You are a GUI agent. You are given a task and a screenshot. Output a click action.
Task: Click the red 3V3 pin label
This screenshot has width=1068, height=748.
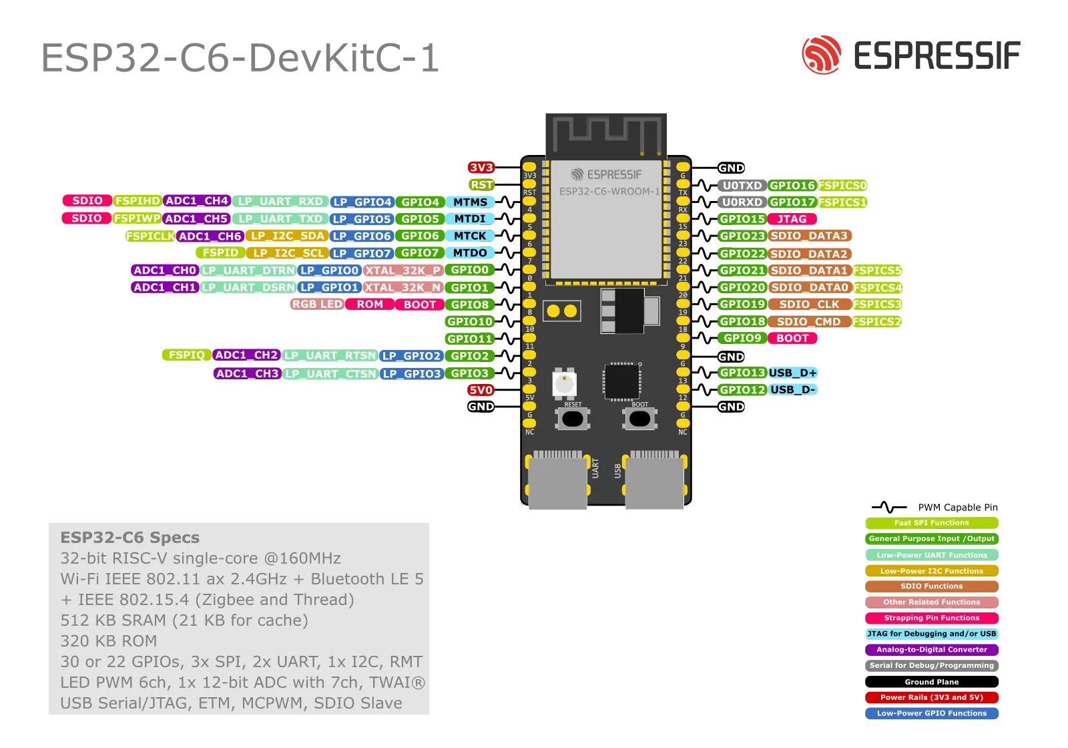[481, 168]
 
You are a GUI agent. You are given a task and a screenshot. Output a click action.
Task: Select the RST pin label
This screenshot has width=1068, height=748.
[481, 185]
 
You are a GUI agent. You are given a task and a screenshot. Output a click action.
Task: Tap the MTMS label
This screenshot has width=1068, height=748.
[470, 202]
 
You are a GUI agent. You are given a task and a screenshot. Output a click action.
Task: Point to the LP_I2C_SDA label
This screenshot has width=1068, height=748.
[287, 236]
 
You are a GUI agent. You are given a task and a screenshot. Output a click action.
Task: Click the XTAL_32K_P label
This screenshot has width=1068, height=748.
[403, 270]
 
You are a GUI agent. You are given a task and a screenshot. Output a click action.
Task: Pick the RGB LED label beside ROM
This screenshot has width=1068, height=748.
[317, 305]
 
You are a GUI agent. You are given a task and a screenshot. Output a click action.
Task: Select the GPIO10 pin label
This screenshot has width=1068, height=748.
[469, 322]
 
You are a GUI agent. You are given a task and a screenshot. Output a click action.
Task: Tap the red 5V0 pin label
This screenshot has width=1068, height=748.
[481, 390]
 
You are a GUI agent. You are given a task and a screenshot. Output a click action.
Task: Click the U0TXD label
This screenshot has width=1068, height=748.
[742, 186]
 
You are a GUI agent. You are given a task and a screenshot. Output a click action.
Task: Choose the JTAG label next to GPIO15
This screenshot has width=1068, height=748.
[792, 219]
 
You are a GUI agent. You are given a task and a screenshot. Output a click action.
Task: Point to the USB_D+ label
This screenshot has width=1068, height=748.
[792, 373]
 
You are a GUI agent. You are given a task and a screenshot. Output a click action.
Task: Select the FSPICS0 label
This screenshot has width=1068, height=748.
[842, 186]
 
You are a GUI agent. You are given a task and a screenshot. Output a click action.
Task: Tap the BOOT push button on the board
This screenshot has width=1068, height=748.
[639, 419]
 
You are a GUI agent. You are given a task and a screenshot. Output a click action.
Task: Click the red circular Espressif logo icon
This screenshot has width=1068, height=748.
[821, 53]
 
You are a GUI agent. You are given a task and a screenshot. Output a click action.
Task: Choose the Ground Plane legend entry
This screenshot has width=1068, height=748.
[931, 682]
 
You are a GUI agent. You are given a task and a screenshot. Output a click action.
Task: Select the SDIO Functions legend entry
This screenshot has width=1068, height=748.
[931, 586]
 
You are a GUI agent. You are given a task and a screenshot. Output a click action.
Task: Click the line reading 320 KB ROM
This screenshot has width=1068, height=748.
[109, 641]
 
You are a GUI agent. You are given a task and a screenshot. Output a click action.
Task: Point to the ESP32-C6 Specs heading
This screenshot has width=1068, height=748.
[130, 538]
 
